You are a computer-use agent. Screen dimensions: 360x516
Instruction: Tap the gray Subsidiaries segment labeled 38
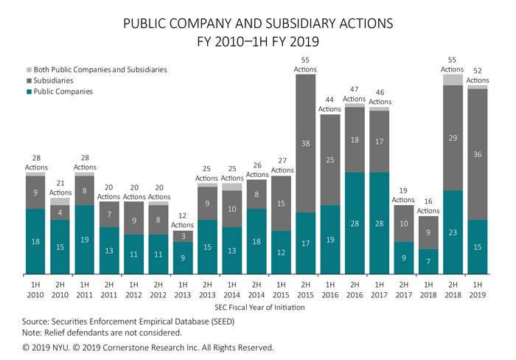[x=306, y=143]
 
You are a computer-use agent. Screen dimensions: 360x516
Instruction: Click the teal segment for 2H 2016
[x=355, y=224]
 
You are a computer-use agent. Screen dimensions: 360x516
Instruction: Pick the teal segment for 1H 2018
[x=428, y=262]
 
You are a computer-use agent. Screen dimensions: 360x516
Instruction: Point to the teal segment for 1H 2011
[x=85, y=240]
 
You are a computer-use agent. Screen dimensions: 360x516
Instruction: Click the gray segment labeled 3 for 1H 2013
[x=183, y=236]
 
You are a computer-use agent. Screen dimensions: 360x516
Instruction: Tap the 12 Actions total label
[x=183, y=220]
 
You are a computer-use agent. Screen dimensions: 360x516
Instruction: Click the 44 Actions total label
[x=330, y=104]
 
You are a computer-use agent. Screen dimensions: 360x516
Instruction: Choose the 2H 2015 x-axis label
[x=306, y=291]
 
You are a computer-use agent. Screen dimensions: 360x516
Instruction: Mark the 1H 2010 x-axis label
[x=35, y=291]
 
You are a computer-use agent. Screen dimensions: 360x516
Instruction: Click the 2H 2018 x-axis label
[x=453, y=291]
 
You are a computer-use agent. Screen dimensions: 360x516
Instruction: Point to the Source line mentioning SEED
[x=119, y=322]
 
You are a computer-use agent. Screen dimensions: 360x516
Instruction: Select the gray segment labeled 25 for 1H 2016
[x=330, y=159]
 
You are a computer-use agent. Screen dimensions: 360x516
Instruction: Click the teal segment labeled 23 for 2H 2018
[x=453, y=232]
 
